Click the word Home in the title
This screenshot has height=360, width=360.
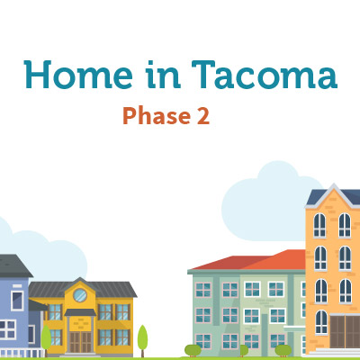(78, 75)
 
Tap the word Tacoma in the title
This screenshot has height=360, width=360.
(265, 75)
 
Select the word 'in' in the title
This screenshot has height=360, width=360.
(163, 75)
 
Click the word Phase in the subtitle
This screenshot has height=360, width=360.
(157, 116)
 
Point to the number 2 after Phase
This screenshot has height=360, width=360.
(203, 116)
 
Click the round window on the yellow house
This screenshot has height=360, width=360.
(80, 295)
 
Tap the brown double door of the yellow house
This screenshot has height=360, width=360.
(80, 342)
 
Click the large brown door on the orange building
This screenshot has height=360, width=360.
(345, 331)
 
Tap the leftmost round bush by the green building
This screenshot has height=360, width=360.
(193, 350)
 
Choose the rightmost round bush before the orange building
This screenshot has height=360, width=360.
(283, 350)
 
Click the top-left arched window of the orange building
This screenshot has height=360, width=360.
(319, 225)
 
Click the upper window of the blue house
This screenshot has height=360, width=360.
(17, 301)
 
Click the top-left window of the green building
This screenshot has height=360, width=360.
(203, 290)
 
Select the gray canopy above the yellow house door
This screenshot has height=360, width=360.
(80, 312)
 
